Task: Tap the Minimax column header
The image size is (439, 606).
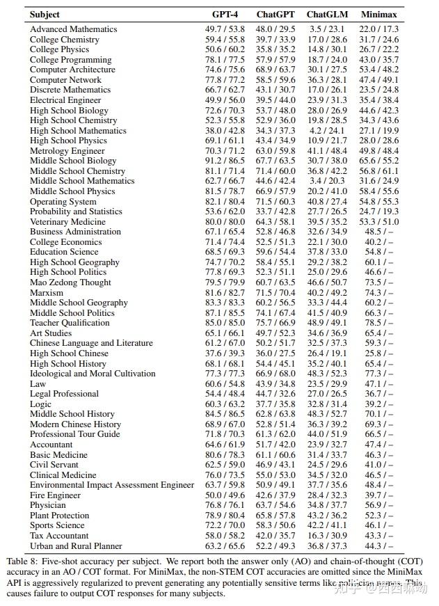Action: [x=379, y=15]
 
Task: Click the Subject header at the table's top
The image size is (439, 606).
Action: [x=45, y=15]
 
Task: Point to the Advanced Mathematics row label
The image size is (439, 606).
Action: [x=74, y=29]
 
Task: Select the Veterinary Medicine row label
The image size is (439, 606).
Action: [x=68, y=222]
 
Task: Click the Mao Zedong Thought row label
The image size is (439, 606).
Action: [x=70, y=282]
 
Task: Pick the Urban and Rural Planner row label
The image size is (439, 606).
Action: [x=76, y=546]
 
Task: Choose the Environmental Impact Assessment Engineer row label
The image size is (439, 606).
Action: [x=112, y=485]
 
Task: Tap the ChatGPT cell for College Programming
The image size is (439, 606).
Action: [x=276, y=60]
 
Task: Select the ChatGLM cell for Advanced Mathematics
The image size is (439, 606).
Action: [x=326, y=29]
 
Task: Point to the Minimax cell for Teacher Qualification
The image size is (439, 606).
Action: [x=379, y=323]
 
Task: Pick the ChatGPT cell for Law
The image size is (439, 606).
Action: [x=276, y=384]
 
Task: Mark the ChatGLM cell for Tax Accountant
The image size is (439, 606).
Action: [x=326, y=536]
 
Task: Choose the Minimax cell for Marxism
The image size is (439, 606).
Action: [x=379, y=293]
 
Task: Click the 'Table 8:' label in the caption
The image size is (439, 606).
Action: [x=23, y=560]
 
